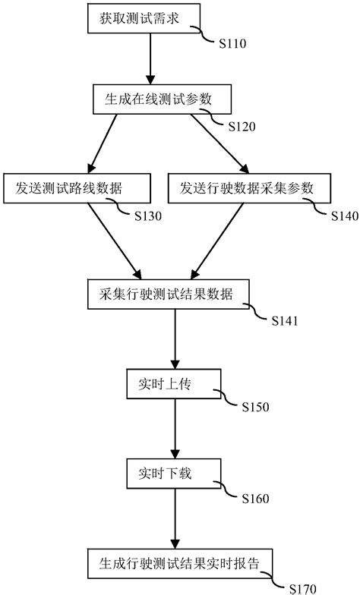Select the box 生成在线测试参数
coord(150,97)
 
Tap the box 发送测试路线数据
coord(63,187)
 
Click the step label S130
coord(148,216)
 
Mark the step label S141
coord(286,320)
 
